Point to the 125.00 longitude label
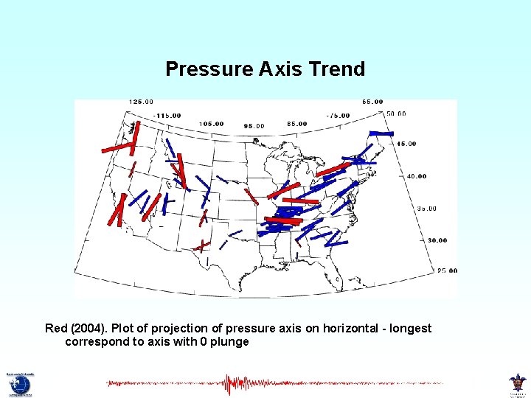point(141,102)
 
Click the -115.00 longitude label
point(167,115)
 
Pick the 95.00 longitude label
point(254,126)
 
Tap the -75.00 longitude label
point(339,115)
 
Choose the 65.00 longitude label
point(372,102)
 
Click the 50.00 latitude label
point(396,114)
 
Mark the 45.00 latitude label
point(406,144)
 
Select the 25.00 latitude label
point(447,270)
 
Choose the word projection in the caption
point(183,328)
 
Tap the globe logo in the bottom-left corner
point(20,384)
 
